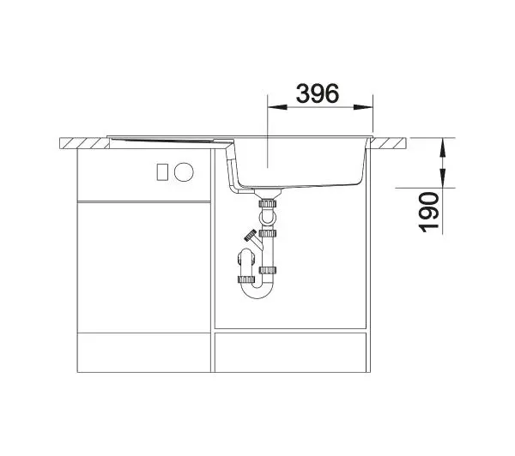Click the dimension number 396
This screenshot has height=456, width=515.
(318, 93)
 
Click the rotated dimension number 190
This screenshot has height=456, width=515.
(428, 210)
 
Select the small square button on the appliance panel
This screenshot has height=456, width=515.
(161, 171)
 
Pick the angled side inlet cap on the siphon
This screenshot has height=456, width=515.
(249, 233)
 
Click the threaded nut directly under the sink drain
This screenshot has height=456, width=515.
(269, 204)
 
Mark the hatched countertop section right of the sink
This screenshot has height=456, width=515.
(391, 141)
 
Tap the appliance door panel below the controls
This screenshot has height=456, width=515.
(143, 266)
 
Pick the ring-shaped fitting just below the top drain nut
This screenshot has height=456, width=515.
(269, 216)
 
